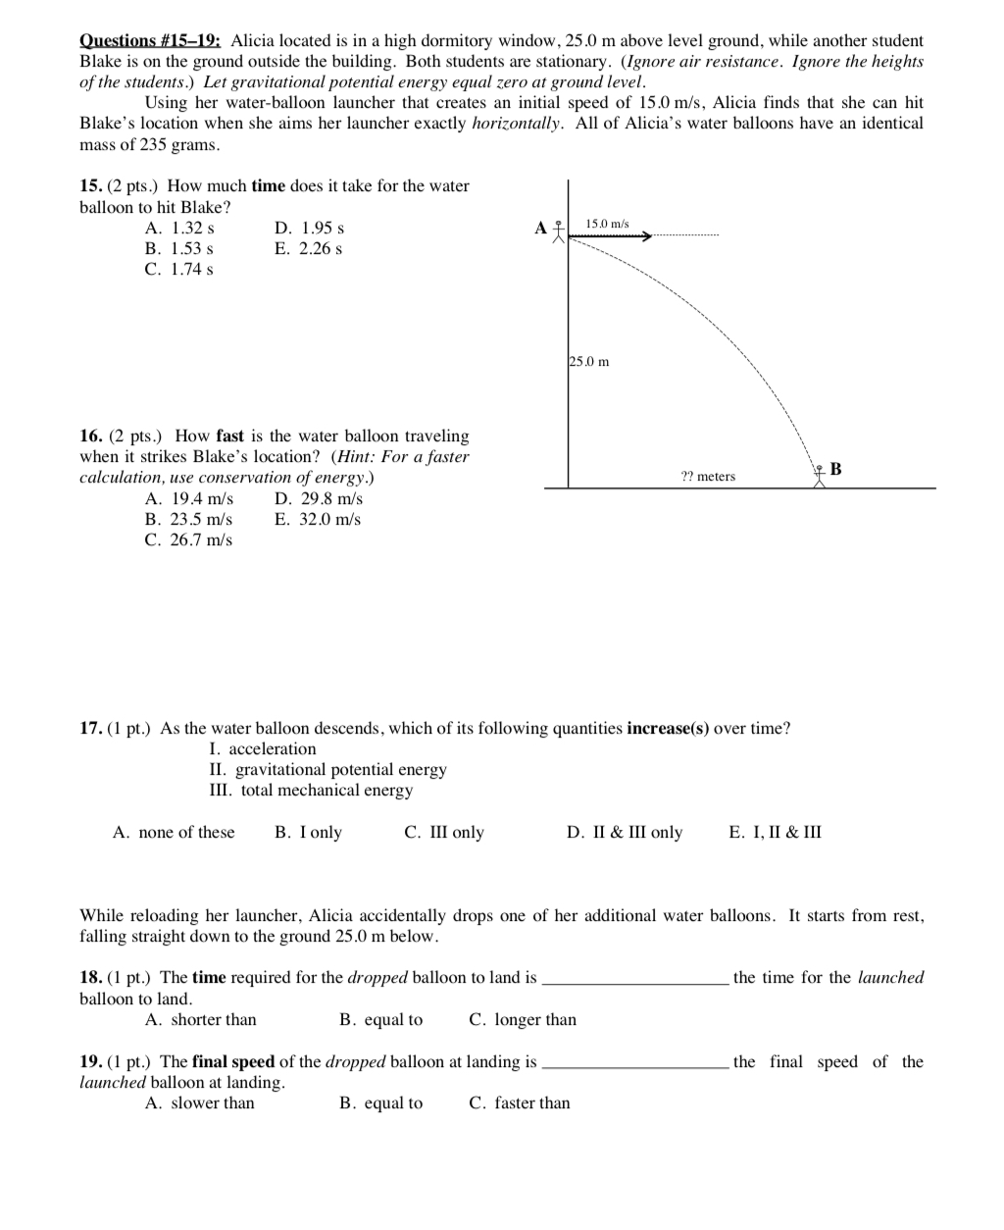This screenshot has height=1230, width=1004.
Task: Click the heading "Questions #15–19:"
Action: pyautogui.click(x=150, y=41)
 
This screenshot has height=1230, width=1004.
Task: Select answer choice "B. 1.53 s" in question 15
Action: pyautogui.click(x=179, y=248)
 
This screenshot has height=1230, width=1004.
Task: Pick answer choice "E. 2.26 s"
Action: pyautogui.click(x=308, y=248)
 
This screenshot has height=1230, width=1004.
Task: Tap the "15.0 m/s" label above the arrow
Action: pyautogui.click(x=607, y=225)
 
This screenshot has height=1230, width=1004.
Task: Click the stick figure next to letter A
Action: pyautogui.click(x=558, y=231)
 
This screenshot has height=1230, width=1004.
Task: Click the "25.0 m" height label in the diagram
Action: pyautogui.click(x=589, y=362)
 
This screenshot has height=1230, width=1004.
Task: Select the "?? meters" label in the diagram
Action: pyautogui.click(x=708, y=477)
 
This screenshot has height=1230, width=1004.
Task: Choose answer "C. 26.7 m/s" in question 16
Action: pyautogui.click(x=188, y=539)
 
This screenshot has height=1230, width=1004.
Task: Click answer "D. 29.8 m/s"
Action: pyautogui.click(x=319, y=498)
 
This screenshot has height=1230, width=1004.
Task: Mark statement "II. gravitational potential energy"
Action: pyautogui.click(x=327, y=770)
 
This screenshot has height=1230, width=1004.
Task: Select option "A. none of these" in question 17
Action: pyautogui.click(x=174, y=833)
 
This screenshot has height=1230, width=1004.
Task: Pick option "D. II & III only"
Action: pyautogui.click(x=625, y=833)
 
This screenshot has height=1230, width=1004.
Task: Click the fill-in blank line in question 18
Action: pyautogui.click(x=634, y=980)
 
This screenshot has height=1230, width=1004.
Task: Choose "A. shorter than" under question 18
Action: pyautogui.click(x=200, y=1020)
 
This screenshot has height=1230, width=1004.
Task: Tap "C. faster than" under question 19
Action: pyautogui.click(x=519, y=1103)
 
